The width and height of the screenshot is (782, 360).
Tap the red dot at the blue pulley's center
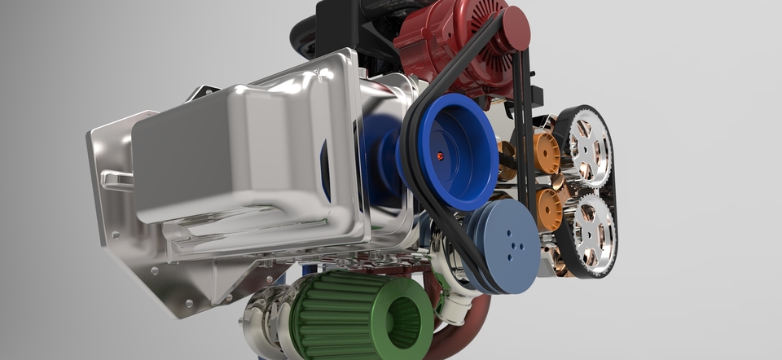coord(440,156)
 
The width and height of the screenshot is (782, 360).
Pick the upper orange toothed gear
coord(547,153)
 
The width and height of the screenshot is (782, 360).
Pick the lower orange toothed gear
coord(548,209)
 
